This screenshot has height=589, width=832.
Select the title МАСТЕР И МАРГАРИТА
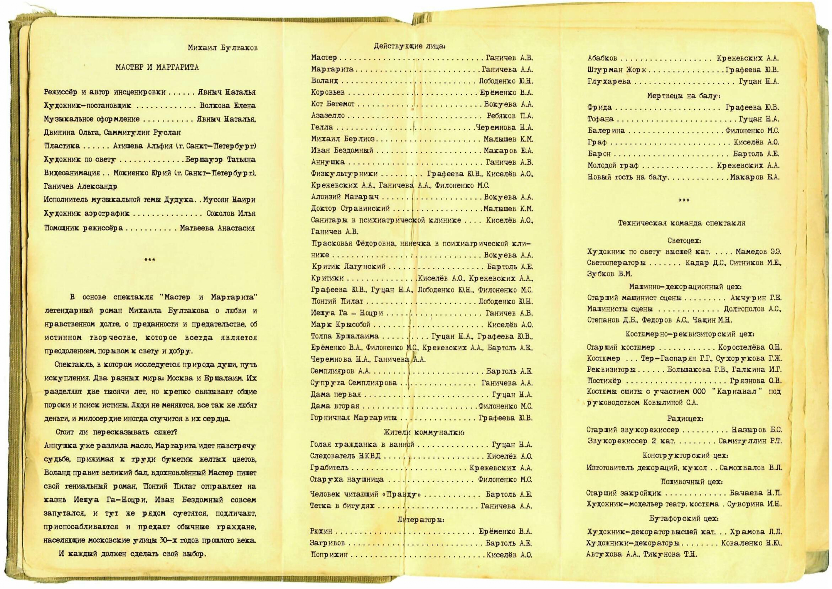point(157,67)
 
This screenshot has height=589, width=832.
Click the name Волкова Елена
point(227,106)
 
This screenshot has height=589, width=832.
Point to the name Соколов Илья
point(231,213)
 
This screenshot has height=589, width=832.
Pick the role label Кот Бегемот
point(333,104)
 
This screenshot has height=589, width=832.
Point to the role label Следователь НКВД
point(345,456)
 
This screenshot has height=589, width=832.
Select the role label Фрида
point(599,107)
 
